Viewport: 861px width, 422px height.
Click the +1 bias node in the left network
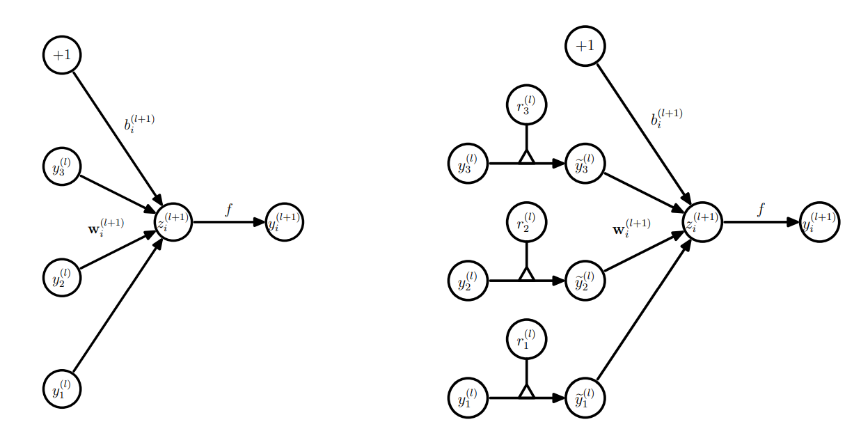[x=62, y=54]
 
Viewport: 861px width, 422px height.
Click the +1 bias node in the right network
[x=585, y=46]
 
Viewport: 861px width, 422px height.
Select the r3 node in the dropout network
[x=526, y=105]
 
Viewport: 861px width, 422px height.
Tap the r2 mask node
[x=526, y=222]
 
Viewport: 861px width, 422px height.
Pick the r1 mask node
[x=526, y=339]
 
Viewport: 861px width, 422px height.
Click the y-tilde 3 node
[x=585, y=164]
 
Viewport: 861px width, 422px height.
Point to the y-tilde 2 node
[x=585, y=281]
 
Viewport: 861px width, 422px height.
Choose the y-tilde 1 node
[x=585, y=398]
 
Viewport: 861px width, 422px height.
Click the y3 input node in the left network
[x=62, y=167]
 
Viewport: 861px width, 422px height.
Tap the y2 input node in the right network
[x=468, y=281]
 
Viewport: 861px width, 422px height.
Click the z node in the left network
[x=173, y=222]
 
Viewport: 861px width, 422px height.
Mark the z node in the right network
[x=702, y=222]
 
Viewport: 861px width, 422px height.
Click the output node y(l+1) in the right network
[x=819, y=222]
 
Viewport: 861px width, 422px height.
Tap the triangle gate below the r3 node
[x=526, y=157]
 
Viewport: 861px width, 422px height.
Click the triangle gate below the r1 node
[x=526, y=391]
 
